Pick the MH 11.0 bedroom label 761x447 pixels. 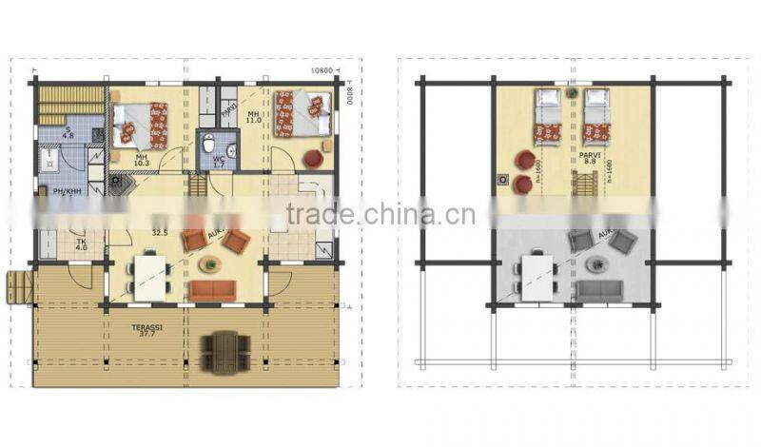(253, 117)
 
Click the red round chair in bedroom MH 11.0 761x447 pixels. (310, 158)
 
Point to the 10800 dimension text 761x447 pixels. (323, 71)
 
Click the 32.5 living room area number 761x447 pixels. (160, 231)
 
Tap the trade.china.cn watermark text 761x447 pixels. (380, 215)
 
